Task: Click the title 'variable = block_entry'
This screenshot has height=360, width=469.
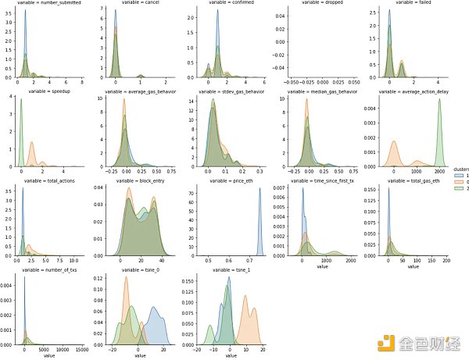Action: coord(136,181)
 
